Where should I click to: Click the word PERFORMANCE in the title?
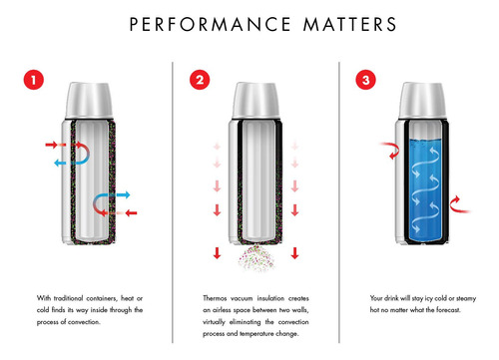(211, 24)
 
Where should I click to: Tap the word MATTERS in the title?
(349, 24)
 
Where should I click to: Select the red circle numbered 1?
(34, 80)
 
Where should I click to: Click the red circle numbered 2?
(200, 80)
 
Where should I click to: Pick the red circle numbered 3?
(366, 80)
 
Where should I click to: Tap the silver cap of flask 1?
(89, 101)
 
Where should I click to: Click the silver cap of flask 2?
(255, 101)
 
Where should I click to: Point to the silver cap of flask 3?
(422, 101)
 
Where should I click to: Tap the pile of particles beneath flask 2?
(256, 257)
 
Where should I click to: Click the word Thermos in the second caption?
(215, 298)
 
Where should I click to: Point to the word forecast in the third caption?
(449, 310)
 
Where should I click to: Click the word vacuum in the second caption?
(242, 298)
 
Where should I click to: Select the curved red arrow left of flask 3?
(391, 150)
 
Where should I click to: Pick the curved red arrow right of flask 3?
(458, 204)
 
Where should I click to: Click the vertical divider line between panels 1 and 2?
(173, 202)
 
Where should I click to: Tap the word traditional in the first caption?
(68, 298)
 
